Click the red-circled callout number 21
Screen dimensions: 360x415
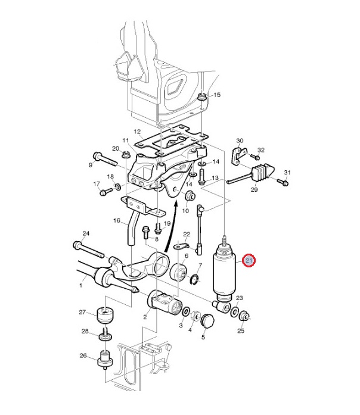click(249, 260)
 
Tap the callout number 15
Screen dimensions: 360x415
click(217, 95)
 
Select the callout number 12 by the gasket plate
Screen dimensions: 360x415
click(137, 132)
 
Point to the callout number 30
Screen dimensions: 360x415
click(240, 141)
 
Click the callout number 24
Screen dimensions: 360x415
click(86, 233)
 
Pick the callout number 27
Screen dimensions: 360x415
click(82, 312)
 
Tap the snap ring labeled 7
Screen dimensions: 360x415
click(194, 280)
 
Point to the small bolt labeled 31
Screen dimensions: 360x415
click(283, 182)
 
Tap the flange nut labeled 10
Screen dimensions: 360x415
click(190, 196)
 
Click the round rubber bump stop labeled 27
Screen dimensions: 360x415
click(106, 315)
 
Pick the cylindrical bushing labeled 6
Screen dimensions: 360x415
click(179, 272)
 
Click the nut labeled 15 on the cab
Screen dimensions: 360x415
click(202, 97)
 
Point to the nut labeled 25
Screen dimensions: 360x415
click(243, 316)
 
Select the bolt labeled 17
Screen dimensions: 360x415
click(106, 191)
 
